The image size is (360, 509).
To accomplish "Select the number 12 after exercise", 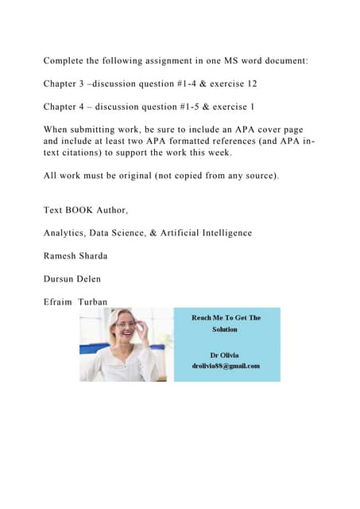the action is [x=251, y=83].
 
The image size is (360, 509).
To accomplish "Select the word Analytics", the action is [x=69, y=233].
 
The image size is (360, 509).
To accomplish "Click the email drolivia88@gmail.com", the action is [x=226, y=365].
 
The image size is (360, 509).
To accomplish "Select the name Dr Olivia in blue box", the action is [x=226, y=355].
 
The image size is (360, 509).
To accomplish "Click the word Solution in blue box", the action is [x=226, y=329].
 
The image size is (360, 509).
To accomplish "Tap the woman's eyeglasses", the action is [x=125, y=324].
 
